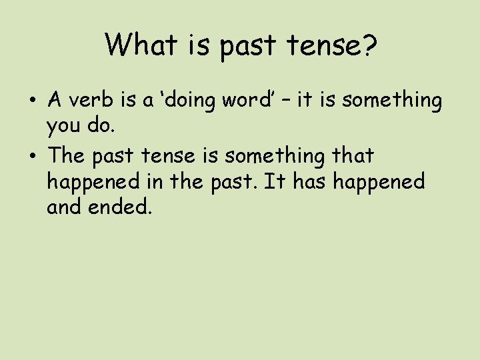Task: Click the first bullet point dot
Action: click(33, 101)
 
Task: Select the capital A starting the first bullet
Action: click(55, 101)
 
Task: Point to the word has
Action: click(308, 181)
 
